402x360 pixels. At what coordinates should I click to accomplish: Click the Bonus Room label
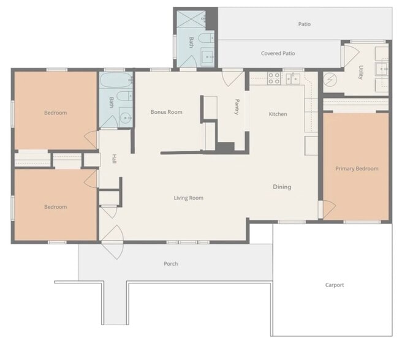pos(167,112)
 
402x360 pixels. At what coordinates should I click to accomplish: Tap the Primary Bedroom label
pos(357,168)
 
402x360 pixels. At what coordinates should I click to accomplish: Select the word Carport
pos(335,285)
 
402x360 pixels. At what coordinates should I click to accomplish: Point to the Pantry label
pos(237,107)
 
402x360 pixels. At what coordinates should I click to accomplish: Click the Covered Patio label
pos(278,53)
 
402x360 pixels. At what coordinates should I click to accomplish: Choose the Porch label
pos(171,264)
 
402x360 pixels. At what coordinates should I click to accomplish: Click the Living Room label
pos(189,198)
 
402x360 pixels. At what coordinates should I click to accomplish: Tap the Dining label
pos(282,187)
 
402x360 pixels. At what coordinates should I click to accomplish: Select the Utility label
pos(361,72)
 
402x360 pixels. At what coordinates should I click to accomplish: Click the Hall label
pos(115,159)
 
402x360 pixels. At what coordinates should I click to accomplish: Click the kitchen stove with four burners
pos(274,78)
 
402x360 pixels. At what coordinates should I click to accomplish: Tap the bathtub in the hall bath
pos(116,80)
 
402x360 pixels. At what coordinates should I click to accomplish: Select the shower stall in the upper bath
pos(192,19)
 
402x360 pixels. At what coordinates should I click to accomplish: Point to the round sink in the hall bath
pos(126,118)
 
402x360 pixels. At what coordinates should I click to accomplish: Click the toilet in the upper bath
pos(207,39)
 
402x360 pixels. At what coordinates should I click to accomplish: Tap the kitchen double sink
pos(293,78)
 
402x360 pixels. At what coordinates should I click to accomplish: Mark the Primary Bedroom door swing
pos(329,209)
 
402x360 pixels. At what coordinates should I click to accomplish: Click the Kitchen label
pos(278,114)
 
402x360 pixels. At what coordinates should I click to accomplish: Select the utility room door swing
pos(351,55)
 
